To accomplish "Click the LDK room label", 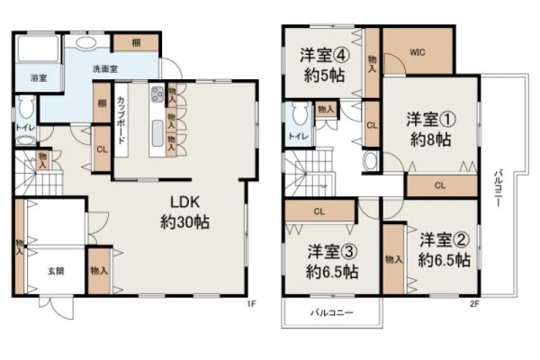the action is coord(184,202).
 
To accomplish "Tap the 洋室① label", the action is coord(431,120).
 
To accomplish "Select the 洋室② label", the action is coord(445,240).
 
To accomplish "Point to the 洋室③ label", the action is coord(332,252).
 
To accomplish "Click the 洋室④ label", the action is coord(325,55).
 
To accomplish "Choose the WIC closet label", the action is coord(418,52).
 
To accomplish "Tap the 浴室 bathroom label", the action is coord(39,78).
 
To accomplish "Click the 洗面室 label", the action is coord(105,69).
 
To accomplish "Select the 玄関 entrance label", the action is coord(56,271).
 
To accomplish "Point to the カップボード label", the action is coord(121,121).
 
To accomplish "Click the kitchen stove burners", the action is coord(157,94).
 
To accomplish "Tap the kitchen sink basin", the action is coord(157,134).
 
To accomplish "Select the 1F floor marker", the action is coord(251,303).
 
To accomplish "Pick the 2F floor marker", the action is coord(474,303).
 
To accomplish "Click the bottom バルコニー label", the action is coord(332,313).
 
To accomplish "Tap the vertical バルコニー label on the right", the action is coord(497,188).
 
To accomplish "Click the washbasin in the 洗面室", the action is coord(86,42).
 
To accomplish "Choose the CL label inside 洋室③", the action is coord(319,211).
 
